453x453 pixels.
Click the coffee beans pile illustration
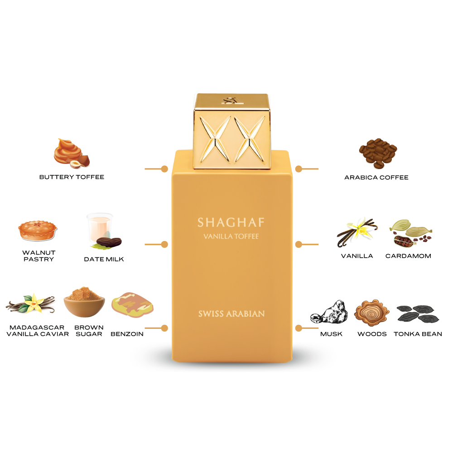point(378,153)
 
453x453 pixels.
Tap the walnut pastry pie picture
point(38,231)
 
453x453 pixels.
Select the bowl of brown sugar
point(84,302)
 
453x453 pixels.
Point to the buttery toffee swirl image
point(72,154)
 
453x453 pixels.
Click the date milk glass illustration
point(104,231)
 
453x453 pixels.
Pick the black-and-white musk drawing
point(329,312)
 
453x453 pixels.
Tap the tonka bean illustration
point(418,314)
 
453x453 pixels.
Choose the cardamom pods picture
point(410,233)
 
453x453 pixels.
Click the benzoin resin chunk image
point(132,305)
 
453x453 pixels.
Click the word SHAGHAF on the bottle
point(231,222)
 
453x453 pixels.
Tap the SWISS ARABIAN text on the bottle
point(231,314)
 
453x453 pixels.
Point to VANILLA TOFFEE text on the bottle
point(231,236)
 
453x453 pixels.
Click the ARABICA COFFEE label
point(376,178)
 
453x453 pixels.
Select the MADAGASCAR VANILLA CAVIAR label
point(38,331)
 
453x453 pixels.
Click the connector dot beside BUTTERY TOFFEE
point(164,169)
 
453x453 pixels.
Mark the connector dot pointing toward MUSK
point(299,328)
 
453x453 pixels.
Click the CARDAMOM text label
point(408,256)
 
